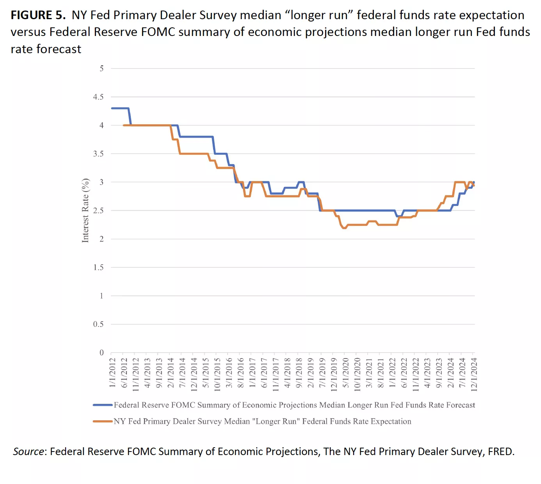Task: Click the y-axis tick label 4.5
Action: [x=98, y=97]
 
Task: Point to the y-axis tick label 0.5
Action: [x=98, y=324]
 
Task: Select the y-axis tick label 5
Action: [x=101, y=68]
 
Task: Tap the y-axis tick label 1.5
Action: [x=98, y=267]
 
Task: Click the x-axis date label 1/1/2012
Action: [x=112, y=373]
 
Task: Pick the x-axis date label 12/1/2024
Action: [x=474, y=374]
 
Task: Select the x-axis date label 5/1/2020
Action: [x=345, y=373]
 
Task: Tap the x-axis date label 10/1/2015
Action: [x=217, y=374]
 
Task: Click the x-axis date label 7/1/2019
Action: [x=322, y=373]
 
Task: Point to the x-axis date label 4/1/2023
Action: [x=427, y=373]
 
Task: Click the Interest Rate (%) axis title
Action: [x=85, y=210]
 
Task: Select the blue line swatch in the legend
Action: [x=103, y=405]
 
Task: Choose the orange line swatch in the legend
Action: [x=103, y=421]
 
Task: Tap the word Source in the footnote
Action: [x=28, y=452]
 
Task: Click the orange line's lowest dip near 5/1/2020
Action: [x=344, y=228]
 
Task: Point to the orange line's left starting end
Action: [x=124, y=125]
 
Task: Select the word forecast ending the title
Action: [x=59, y=49]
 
